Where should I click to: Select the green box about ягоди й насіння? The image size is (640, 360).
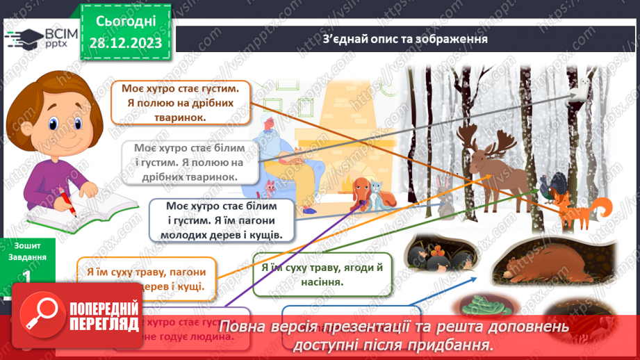(322, 274)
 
